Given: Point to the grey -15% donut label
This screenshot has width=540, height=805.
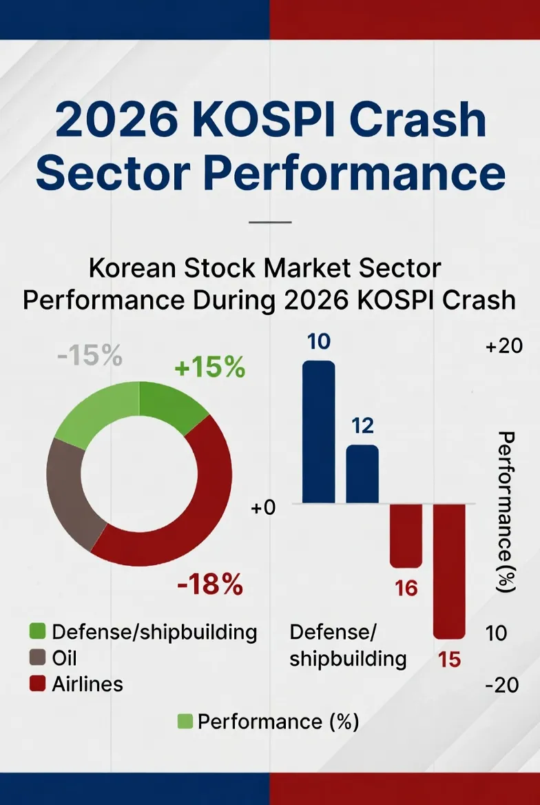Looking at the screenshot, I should point(89,357).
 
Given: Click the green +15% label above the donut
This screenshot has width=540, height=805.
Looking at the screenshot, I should point(209,368).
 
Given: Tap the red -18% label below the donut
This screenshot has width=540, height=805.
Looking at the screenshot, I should point(209,585).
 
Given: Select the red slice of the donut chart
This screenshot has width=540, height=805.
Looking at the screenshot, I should point(200,503).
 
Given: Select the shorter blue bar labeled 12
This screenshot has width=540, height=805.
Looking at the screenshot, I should point(362,474).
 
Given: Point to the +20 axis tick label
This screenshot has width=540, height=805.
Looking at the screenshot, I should point(504,347).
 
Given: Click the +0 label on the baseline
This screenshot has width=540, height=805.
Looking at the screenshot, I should point(263,508).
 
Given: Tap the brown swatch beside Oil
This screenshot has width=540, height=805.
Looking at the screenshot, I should point(38,658).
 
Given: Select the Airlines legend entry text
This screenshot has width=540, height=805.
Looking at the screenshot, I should point(87,684).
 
